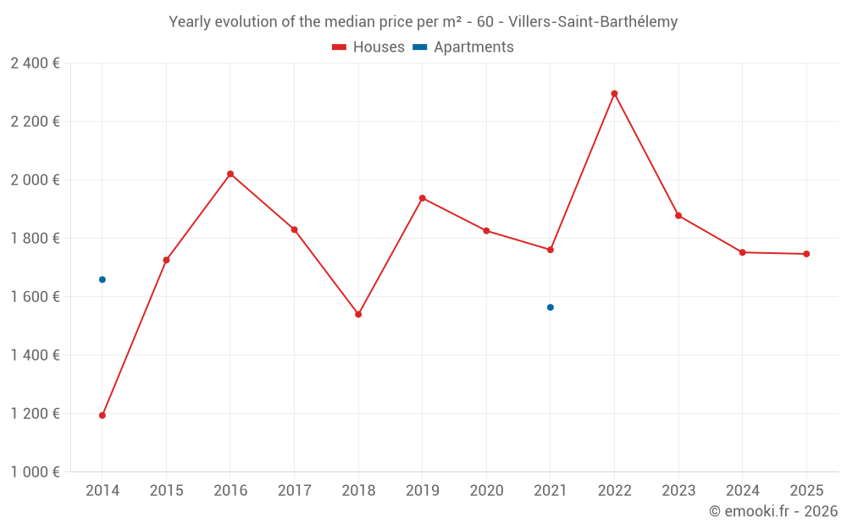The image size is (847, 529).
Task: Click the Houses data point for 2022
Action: (614, 94)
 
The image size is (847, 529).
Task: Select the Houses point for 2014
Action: (102, 416)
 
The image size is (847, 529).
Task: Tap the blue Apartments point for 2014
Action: (102, 279)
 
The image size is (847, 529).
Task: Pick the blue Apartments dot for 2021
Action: (551, 307)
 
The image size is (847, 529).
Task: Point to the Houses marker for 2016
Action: (230, 174)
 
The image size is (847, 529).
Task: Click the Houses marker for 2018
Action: (358, 314)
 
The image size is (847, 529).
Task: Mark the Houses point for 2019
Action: (423, 198)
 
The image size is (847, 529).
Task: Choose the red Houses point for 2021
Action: (551, 250)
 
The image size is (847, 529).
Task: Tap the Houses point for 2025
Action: (806, 254)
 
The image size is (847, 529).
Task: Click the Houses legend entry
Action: (368, 47)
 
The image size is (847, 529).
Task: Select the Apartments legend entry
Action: (464, 47)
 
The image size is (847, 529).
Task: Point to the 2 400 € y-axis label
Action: (35, 63)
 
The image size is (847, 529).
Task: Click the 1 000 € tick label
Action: (35, 472)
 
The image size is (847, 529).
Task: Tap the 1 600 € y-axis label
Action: (35, 297)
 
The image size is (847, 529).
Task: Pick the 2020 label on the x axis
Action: (486, 491)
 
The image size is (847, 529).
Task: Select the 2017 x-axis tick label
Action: (294, 491)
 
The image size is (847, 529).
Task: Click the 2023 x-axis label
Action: (678, 491)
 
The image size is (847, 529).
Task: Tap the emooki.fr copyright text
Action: (772, 511)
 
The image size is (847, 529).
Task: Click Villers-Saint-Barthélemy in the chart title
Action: (593, 22)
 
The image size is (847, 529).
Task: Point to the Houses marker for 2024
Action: (742, 252)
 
